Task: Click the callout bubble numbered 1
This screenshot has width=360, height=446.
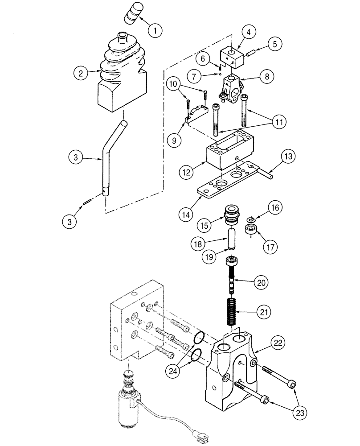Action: [x=155, y=31]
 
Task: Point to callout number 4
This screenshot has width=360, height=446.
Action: [x=249, y=33]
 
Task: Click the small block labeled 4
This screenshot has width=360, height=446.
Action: [x=231, y=57]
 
